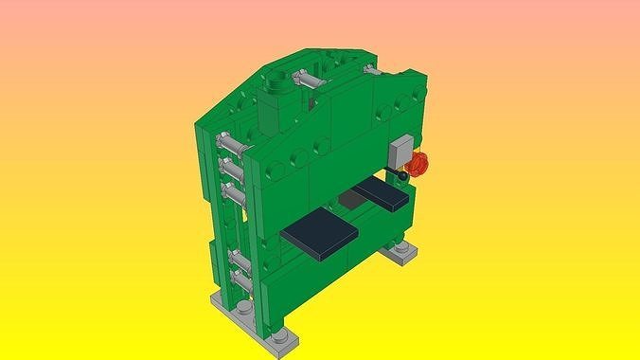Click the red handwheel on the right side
click(421, 165)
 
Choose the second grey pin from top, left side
click(232, 168)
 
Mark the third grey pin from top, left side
click(234, 193)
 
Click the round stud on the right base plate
click(402, 248)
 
